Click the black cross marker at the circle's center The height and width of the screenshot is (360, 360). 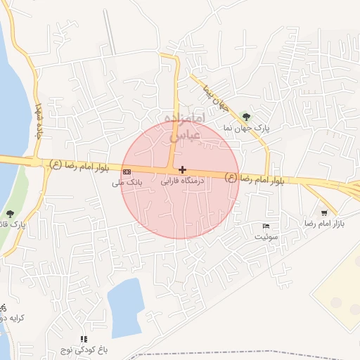click(183, 169)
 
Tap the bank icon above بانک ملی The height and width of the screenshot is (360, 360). click(127, 172)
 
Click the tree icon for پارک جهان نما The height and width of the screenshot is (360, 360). click(245, 116)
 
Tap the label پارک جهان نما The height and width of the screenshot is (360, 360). click(252, 129)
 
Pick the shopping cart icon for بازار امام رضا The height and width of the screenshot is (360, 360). click(323, 213)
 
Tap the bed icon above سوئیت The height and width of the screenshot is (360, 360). click(265, 226)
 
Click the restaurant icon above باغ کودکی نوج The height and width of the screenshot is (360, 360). click(84, 339)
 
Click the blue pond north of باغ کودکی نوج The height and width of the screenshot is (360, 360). click(126, 305)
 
